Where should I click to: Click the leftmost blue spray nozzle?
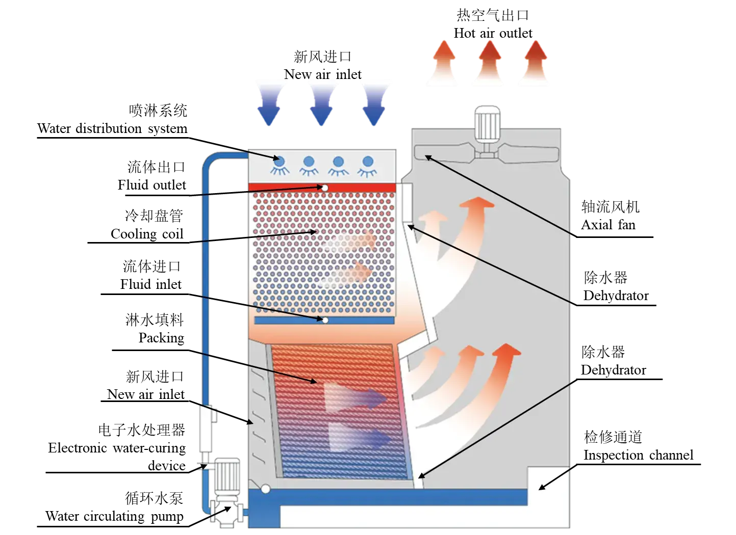point(279,161)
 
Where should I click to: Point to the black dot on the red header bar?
point(325,188)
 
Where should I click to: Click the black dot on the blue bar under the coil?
point(324,320)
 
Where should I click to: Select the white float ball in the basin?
point(265,489)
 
